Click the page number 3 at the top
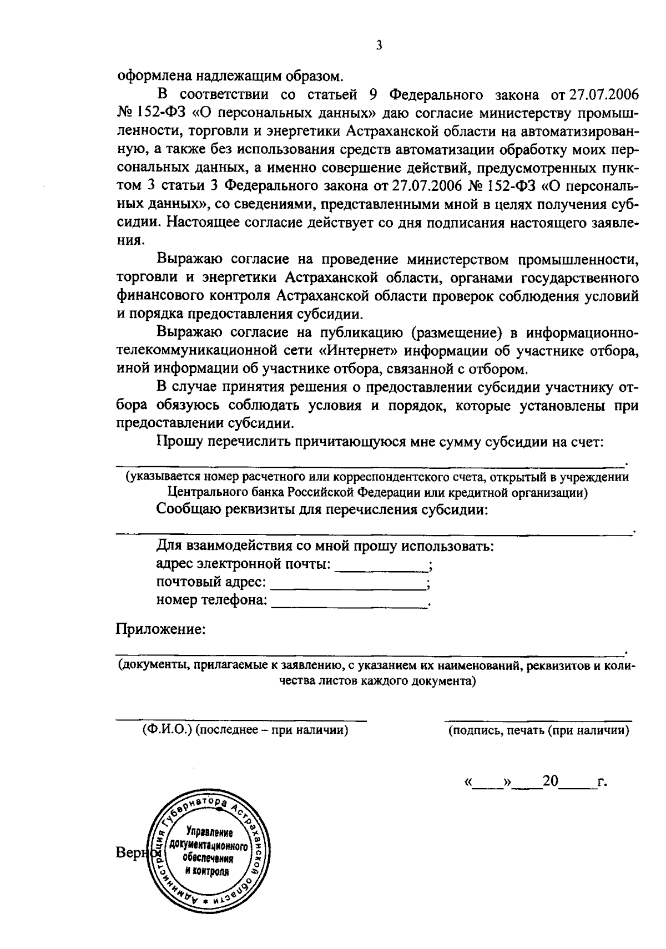pos(378,47)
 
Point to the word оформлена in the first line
pos(152,75)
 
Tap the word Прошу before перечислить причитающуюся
pos(178,442)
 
